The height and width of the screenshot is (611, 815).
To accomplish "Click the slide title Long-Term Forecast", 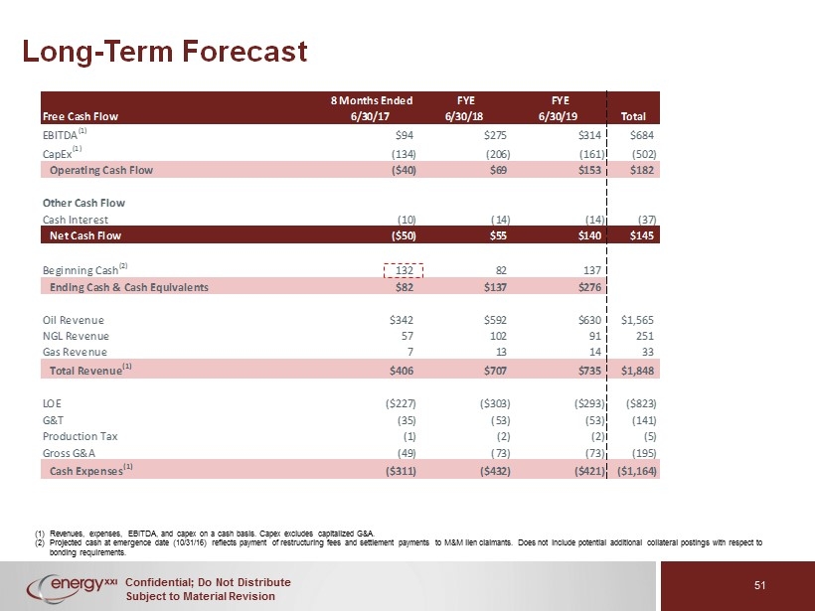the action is tap(165, 52).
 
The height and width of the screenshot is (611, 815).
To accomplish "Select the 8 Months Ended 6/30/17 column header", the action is tap(372, 108).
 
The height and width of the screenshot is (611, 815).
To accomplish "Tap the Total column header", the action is tap(633, 116).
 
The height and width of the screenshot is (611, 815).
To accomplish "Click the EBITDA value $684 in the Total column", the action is tap(641, 135).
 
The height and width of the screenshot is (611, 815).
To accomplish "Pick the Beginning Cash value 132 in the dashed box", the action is tap(404, 270).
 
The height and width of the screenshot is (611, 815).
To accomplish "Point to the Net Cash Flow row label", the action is tap(85, 235).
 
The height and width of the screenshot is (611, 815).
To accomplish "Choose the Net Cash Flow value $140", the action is tap(588, 235).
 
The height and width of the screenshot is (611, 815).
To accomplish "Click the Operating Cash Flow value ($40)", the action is tap(404, 171).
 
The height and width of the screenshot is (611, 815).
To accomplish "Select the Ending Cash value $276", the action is tap(588, 287).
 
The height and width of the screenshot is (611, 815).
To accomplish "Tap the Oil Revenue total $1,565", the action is tap(637, 320).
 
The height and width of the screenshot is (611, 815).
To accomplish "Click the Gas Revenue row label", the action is tap(75, 353).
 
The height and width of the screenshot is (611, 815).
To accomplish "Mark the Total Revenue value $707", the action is tap(494, 371).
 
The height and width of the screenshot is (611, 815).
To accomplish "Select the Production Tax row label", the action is tap(81, 436).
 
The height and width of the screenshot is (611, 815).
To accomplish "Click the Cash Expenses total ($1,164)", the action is tap(637, 471).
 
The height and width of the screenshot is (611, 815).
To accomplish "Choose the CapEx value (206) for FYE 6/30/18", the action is tap(498, 154).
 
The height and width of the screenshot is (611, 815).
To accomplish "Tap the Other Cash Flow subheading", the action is tap(83, 203).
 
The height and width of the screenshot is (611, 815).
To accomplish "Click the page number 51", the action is tap(760, 585).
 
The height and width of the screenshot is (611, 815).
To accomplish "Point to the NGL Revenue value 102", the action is tap(498, 336).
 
